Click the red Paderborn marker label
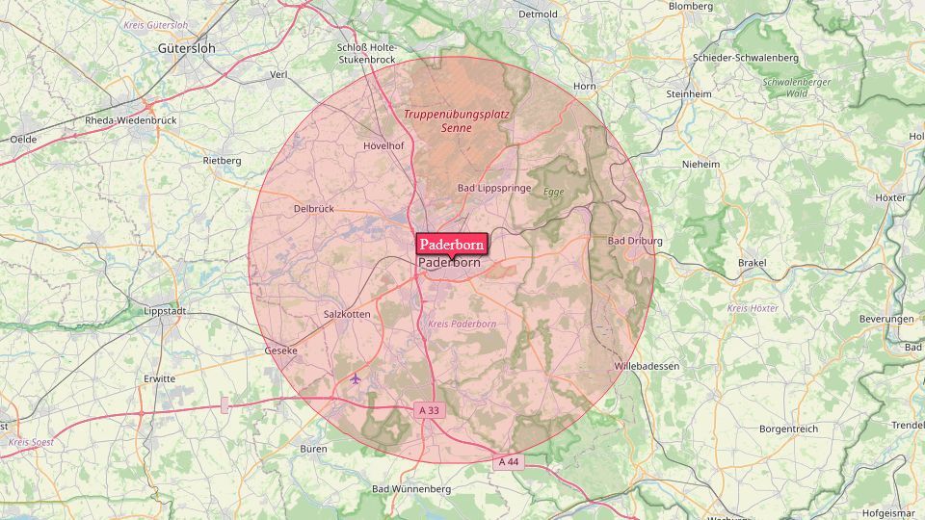pos(452,244)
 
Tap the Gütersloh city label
pos(187,47)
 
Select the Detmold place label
pos(538,14)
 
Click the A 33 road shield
pos(430,410)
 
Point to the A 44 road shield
pos(509,462)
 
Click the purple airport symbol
pos(356,378)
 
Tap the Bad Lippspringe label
pos(493,188)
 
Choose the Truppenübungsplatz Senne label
pos(457,120)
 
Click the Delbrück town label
pos(313,208)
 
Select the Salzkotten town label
pos(347,314)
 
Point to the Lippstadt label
pos(164,312)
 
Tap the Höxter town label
pos(891,197)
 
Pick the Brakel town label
pos(752,262)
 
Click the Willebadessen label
pos(647,366)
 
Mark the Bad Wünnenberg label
pos(411,489)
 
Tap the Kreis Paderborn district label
pos(462,324)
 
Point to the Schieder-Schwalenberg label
pos(746,58)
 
